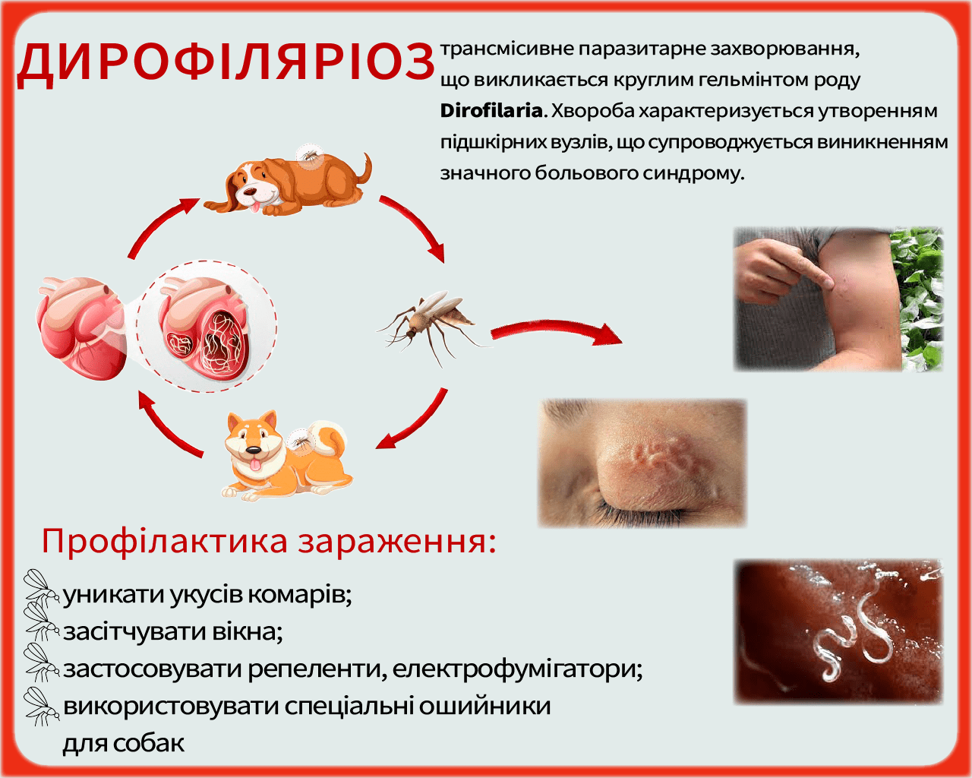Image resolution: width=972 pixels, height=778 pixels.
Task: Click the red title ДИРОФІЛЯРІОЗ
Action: coord(226,62)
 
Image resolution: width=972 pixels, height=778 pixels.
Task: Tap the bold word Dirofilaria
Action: coord(491,111)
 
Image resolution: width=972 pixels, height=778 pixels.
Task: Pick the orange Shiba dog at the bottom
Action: coord(285,456)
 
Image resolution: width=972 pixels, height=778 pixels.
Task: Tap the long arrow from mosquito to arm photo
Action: coord(554,330)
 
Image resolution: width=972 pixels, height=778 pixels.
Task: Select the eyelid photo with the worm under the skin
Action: coord(642,463)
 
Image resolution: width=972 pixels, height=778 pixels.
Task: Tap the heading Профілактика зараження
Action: coord(269,541)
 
